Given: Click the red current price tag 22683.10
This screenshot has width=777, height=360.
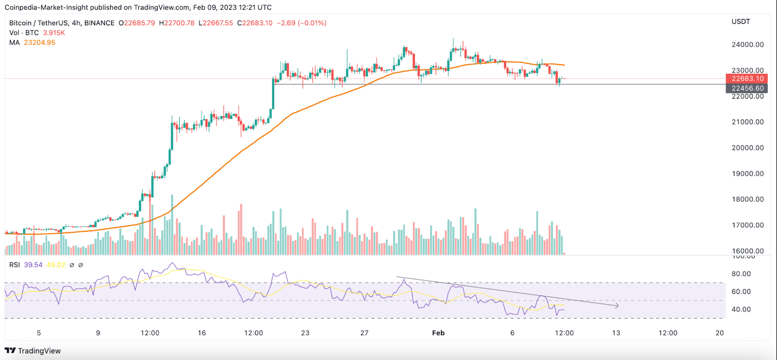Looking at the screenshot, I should coord(747,79).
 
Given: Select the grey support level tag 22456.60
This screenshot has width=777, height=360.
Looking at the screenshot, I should coord(747,88).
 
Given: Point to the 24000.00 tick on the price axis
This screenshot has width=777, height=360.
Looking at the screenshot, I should coord(747,45).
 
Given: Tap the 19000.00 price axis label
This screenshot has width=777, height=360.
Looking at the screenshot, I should coord(747,173).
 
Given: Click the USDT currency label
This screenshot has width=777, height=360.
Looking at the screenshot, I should coord(741,22).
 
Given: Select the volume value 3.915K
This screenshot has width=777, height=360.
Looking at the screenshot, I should coord(54,33).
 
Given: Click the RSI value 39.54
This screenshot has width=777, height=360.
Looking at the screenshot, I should coord(33,265).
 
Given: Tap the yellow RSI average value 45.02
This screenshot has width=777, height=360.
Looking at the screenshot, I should coord(56,265).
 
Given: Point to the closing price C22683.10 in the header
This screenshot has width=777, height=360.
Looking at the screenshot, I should coord(254,23).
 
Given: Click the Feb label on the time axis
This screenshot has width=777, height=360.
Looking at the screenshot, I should coord(438,333).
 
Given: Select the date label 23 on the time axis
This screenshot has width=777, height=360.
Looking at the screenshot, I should coord(305,333).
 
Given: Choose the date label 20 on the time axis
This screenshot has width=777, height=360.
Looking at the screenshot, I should coord(719,333).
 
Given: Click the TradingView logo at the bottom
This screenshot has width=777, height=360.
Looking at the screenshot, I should coord(33,351).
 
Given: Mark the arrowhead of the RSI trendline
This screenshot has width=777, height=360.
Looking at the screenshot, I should coord(617,306).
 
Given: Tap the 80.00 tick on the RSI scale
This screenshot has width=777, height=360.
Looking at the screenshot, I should coord(741,274).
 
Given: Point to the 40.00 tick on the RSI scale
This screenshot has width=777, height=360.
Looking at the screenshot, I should coord(741,309).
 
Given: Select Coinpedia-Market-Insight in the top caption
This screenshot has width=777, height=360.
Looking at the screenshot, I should coord(46,8).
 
